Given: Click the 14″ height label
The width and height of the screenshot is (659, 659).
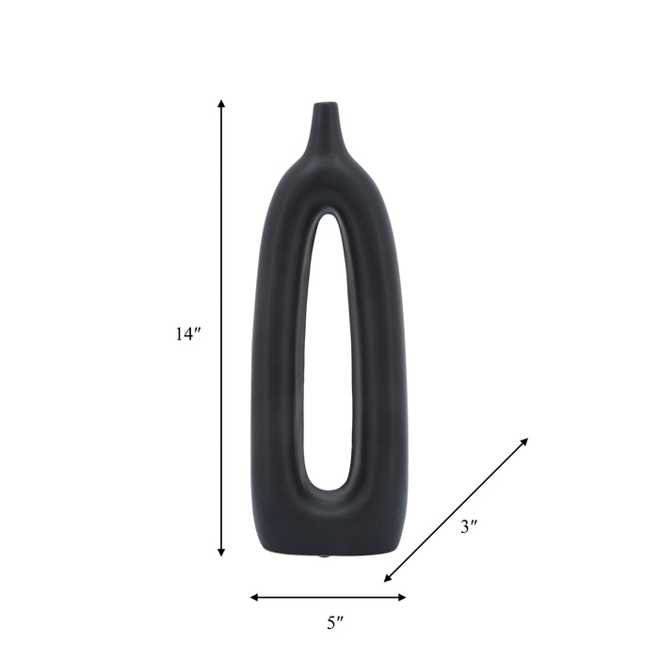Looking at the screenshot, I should (x=188, y=333).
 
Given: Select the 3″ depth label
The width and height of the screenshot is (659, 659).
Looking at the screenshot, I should (x=469, y=527).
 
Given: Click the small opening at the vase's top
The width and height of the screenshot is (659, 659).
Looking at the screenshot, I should (x=325, y=104).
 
